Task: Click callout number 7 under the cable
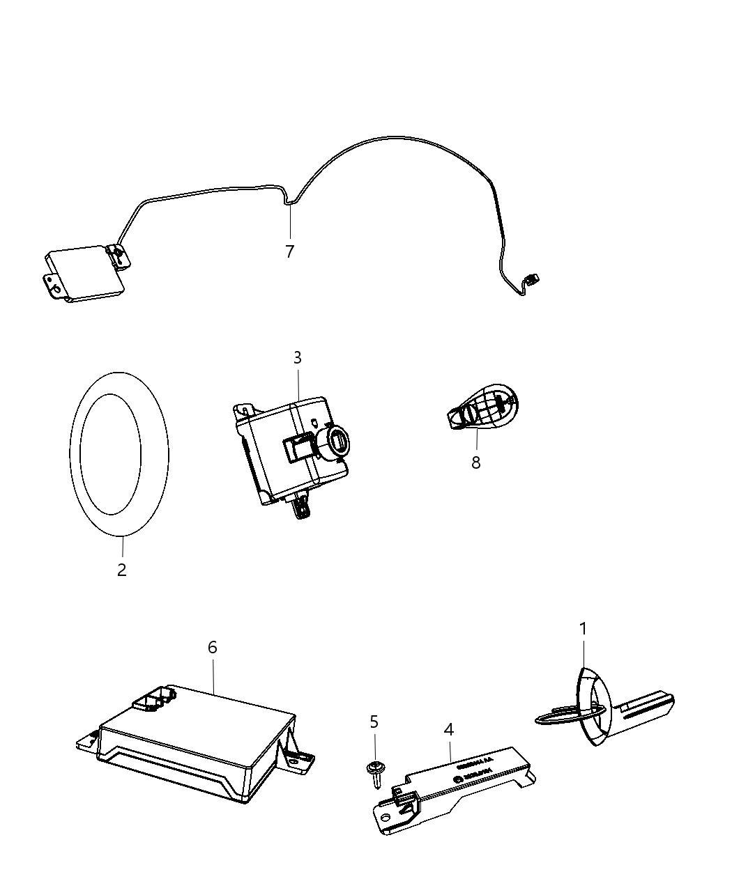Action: (x=289, y=251)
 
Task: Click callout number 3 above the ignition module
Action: (x=298, y=358)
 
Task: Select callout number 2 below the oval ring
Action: (x=122, y=570)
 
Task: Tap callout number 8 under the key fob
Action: (x=475, y=462)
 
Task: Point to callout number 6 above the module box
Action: (x=213, y=647)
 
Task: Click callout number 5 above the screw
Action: (x=374, y=722)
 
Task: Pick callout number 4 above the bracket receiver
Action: (x=449, y=729)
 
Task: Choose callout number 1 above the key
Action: (x=583, y=629)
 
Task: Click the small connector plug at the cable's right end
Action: (x=533, y=280)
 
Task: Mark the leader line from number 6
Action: (x=213, y=673)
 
